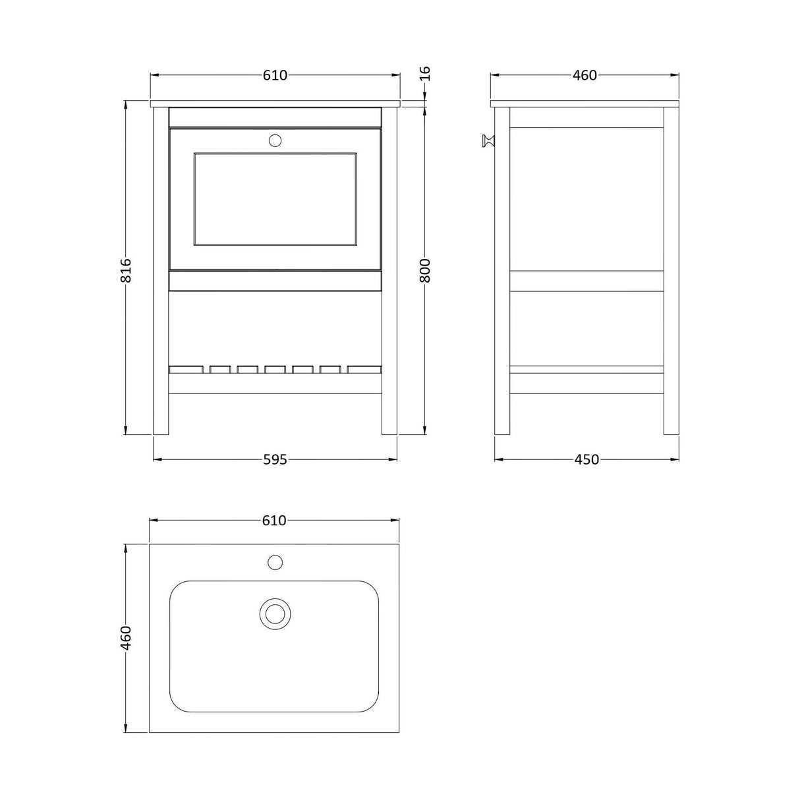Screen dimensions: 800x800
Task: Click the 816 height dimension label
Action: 125,270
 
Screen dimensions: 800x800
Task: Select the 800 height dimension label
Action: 424,270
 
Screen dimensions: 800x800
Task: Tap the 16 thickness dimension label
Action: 425,74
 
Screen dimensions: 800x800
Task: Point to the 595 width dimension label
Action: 275,459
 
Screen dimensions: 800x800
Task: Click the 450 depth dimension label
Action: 586,459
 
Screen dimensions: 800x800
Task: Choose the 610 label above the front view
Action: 275,75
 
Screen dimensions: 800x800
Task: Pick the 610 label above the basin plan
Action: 274,520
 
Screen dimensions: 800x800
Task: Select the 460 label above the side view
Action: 585,75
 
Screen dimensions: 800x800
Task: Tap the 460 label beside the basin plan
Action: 125,637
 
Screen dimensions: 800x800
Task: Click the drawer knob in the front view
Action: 275,140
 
